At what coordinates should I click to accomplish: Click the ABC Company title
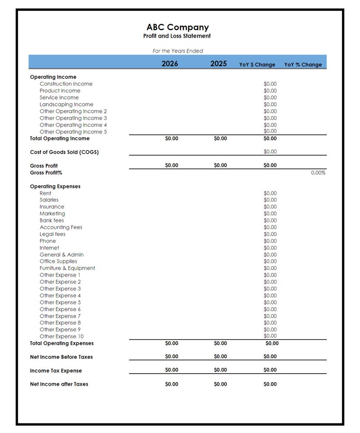point(177,27)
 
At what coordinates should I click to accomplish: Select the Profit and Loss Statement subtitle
point(177,36)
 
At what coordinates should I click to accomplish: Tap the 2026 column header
point(170,64)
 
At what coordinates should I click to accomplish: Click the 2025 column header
point(219,64)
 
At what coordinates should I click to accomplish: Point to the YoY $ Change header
point(257,65)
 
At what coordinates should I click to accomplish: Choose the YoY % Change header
point(303,65)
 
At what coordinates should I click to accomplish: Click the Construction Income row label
point(66,84)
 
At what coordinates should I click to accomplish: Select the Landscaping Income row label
point(66,104)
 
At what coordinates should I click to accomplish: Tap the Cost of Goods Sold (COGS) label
point(64,152)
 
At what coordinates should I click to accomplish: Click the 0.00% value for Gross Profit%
point(318,173)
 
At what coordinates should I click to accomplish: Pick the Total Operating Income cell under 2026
point(172,139)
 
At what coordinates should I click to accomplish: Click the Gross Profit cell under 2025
point(220,165)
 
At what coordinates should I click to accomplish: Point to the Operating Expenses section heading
point(55,186)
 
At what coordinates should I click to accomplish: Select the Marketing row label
point(52,214)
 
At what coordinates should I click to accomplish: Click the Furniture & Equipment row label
point(67,268)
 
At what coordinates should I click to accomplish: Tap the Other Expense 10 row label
point(62,336)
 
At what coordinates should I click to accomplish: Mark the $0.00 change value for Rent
point(270,193)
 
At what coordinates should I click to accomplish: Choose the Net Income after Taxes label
point(59,384)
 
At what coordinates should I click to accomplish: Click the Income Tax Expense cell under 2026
point(172,370)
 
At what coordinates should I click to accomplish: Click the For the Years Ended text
point(178,51)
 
